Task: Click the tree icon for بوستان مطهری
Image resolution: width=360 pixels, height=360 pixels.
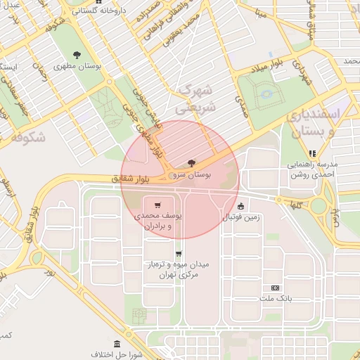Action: coord(77,55)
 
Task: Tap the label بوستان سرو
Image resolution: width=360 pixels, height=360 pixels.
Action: coord(193,173)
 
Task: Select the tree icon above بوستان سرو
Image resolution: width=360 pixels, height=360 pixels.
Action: coord(192,163)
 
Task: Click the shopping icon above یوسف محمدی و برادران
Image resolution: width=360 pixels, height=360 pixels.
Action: coord(157,205)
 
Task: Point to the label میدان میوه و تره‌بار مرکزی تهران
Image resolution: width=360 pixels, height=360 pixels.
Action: coord(176,269)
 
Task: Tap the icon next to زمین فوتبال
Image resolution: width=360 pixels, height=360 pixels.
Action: coord(241,207)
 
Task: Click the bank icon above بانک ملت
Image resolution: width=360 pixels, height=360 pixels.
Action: coord(274,288)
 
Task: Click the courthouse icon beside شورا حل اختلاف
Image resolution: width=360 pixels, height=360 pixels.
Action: coord(116,344)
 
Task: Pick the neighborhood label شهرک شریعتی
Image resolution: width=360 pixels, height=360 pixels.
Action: coord(197,98)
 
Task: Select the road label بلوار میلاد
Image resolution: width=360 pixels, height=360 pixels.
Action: coord(268,67)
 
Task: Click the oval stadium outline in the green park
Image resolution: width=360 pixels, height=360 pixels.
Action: coord(265,92)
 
